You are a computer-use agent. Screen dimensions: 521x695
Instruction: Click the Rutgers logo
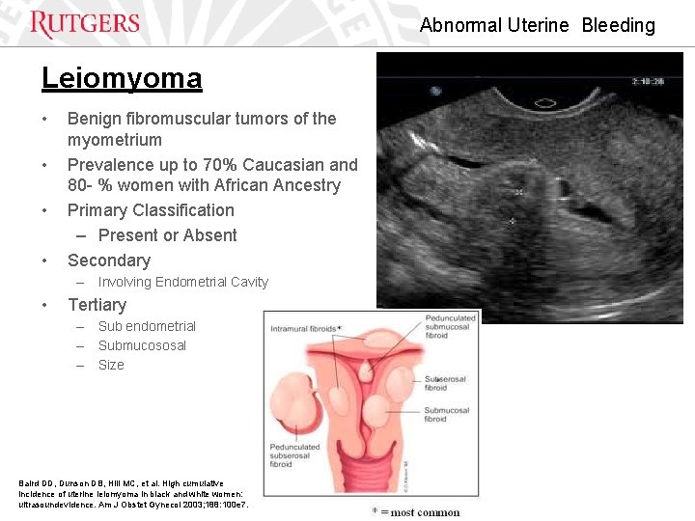point(85,23)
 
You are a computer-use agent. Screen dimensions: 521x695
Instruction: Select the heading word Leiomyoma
point(122,78)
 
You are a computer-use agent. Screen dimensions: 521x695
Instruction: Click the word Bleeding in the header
point(618,25)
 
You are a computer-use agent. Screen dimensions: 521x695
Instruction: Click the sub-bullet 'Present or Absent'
point(167,235)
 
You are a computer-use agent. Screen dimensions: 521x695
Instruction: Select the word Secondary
point(109,260)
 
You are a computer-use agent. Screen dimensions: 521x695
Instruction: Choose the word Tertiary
point(97,305)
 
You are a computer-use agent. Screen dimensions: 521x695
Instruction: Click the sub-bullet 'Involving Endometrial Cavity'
point(182,282)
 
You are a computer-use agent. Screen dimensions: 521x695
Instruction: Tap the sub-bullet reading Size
point(111,365)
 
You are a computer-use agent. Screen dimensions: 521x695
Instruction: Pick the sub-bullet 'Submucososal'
point(142,345)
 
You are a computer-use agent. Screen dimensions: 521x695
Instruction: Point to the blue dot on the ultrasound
point(437,92)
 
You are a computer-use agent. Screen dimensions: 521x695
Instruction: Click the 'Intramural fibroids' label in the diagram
point(304,329)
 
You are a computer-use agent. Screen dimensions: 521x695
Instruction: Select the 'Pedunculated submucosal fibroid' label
point(450,326)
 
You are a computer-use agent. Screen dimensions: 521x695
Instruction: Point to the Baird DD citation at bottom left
point(133,493)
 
